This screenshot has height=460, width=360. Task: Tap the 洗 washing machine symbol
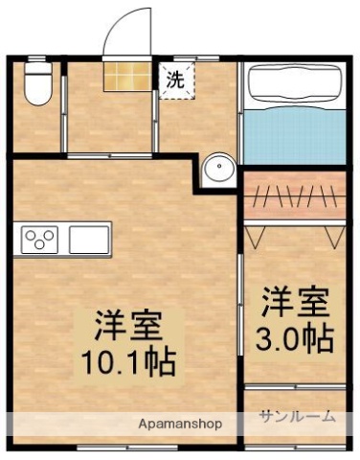click(175, 80)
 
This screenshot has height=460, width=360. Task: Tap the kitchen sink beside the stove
click(87, 237)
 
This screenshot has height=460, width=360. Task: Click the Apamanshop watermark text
click(180, 423)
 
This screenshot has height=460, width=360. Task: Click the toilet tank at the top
click(36, 69)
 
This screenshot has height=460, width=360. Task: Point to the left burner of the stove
click(33, 237)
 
